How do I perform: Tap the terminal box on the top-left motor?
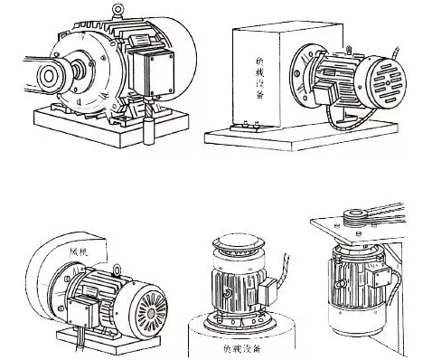click(152, 71)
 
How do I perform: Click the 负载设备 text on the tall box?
click(259, 78)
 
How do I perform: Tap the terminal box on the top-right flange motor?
click(325, 92)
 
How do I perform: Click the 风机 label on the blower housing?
click(79, 252)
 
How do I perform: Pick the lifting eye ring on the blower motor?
click(117, 270)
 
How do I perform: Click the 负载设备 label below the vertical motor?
click(242, 349)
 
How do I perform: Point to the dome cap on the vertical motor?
click(239, 242)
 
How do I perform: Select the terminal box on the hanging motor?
click(382, 276)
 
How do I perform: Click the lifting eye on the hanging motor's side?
click(339, 283)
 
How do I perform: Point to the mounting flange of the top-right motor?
click(302, 74)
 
